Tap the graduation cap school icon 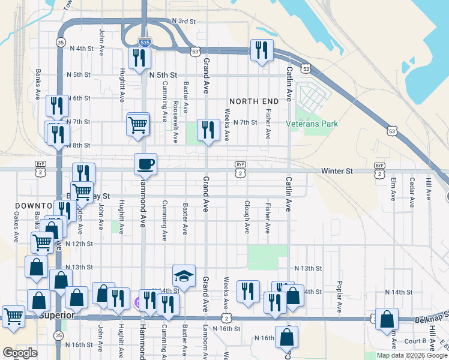[x=184, y=276]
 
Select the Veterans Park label [x=312, y=124]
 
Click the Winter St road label [x=337, y=171]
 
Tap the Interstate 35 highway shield [x=60, y=43]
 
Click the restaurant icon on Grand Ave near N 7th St [x=208, y=130]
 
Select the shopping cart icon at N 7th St [x=138, y=125]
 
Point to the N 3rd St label [x=184, y=21]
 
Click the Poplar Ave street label [x=339, y=293]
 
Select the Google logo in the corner [x=20, y=353]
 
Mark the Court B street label [x=416, y=341]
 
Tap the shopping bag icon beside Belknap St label [x=387, y=320]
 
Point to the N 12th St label [x=79, y=244]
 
